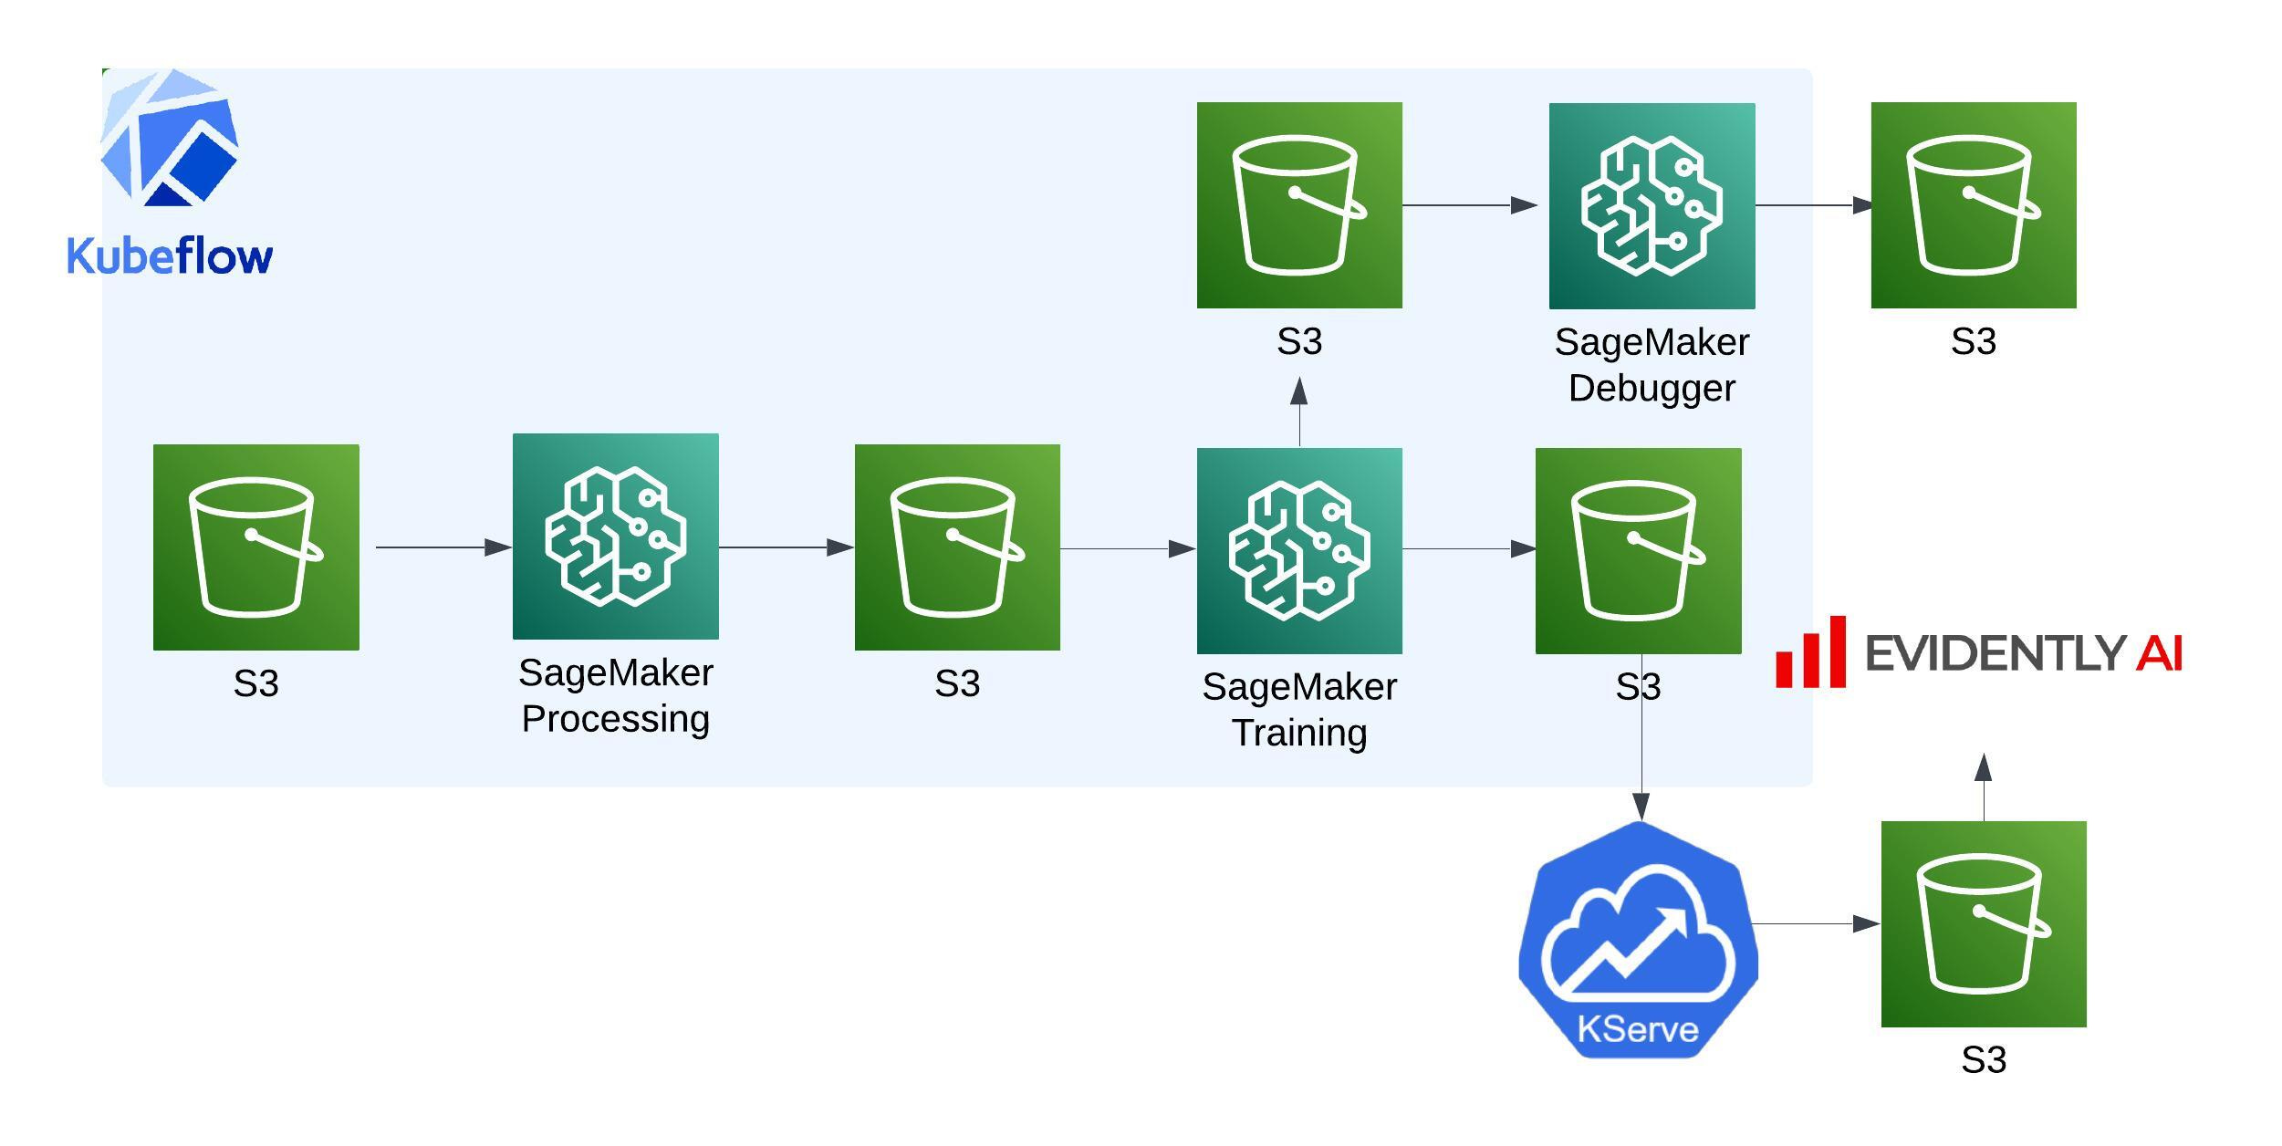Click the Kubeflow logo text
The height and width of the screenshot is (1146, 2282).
point(170,255)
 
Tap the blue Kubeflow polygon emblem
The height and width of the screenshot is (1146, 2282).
point(169,137)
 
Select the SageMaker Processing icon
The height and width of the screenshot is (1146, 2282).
point(616,537)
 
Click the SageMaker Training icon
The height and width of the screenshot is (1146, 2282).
point(1299,551)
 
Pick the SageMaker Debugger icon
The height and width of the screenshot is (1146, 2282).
point(1652,206)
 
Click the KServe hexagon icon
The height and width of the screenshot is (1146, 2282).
point(1639,940)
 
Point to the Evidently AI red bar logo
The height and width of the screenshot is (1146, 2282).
point(1811,651)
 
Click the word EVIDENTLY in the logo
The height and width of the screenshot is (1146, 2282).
point(1995,653)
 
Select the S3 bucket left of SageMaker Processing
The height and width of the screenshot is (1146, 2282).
point(256,547)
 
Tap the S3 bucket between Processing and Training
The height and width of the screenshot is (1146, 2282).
point(957,547)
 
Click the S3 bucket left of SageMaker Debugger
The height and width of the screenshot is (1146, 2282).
point(1299,205)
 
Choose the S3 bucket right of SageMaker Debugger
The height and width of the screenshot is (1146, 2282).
point(1974,205)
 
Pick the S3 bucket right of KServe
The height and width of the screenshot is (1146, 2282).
point(1984,924)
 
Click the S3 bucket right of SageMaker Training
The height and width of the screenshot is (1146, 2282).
point(1639,551)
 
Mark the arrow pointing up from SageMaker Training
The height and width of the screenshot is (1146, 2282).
point(1299,413)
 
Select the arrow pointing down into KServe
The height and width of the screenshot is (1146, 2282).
point(1641,737)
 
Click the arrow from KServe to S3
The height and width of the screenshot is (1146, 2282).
point(1817,924)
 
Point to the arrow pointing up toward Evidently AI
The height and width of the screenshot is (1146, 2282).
point(1984,787)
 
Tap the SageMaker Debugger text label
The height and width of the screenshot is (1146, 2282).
point(1652,365)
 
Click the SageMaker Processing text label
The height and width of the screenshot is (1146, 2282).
point(616,695)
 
